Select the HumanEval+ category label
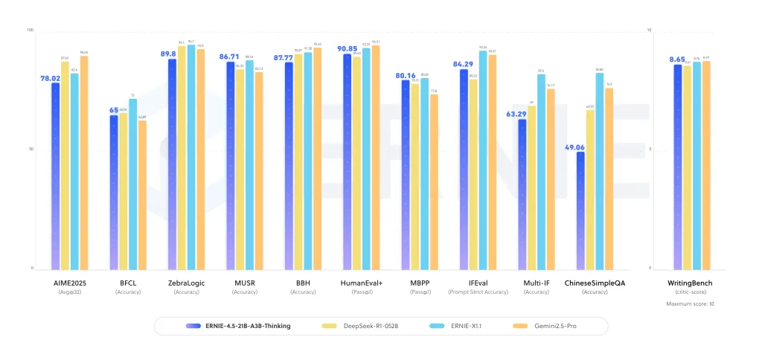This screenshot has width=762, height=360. [361, 283]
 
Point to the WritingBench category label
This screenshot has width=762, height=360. [691, 283]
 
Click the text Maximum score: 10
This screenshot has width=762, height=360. [691, 303]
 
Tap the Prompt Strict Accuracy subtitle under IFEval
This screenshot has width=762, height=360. [478, 292]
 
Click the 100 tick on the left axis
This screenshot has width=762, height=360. [31, 30]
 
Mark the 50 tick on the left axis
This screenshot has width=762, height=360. [31, 150]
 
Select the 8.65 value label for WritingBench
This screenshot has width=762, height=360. [676, 59]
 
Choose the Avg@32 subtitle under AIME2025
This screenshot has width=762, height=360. [69, 292]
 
